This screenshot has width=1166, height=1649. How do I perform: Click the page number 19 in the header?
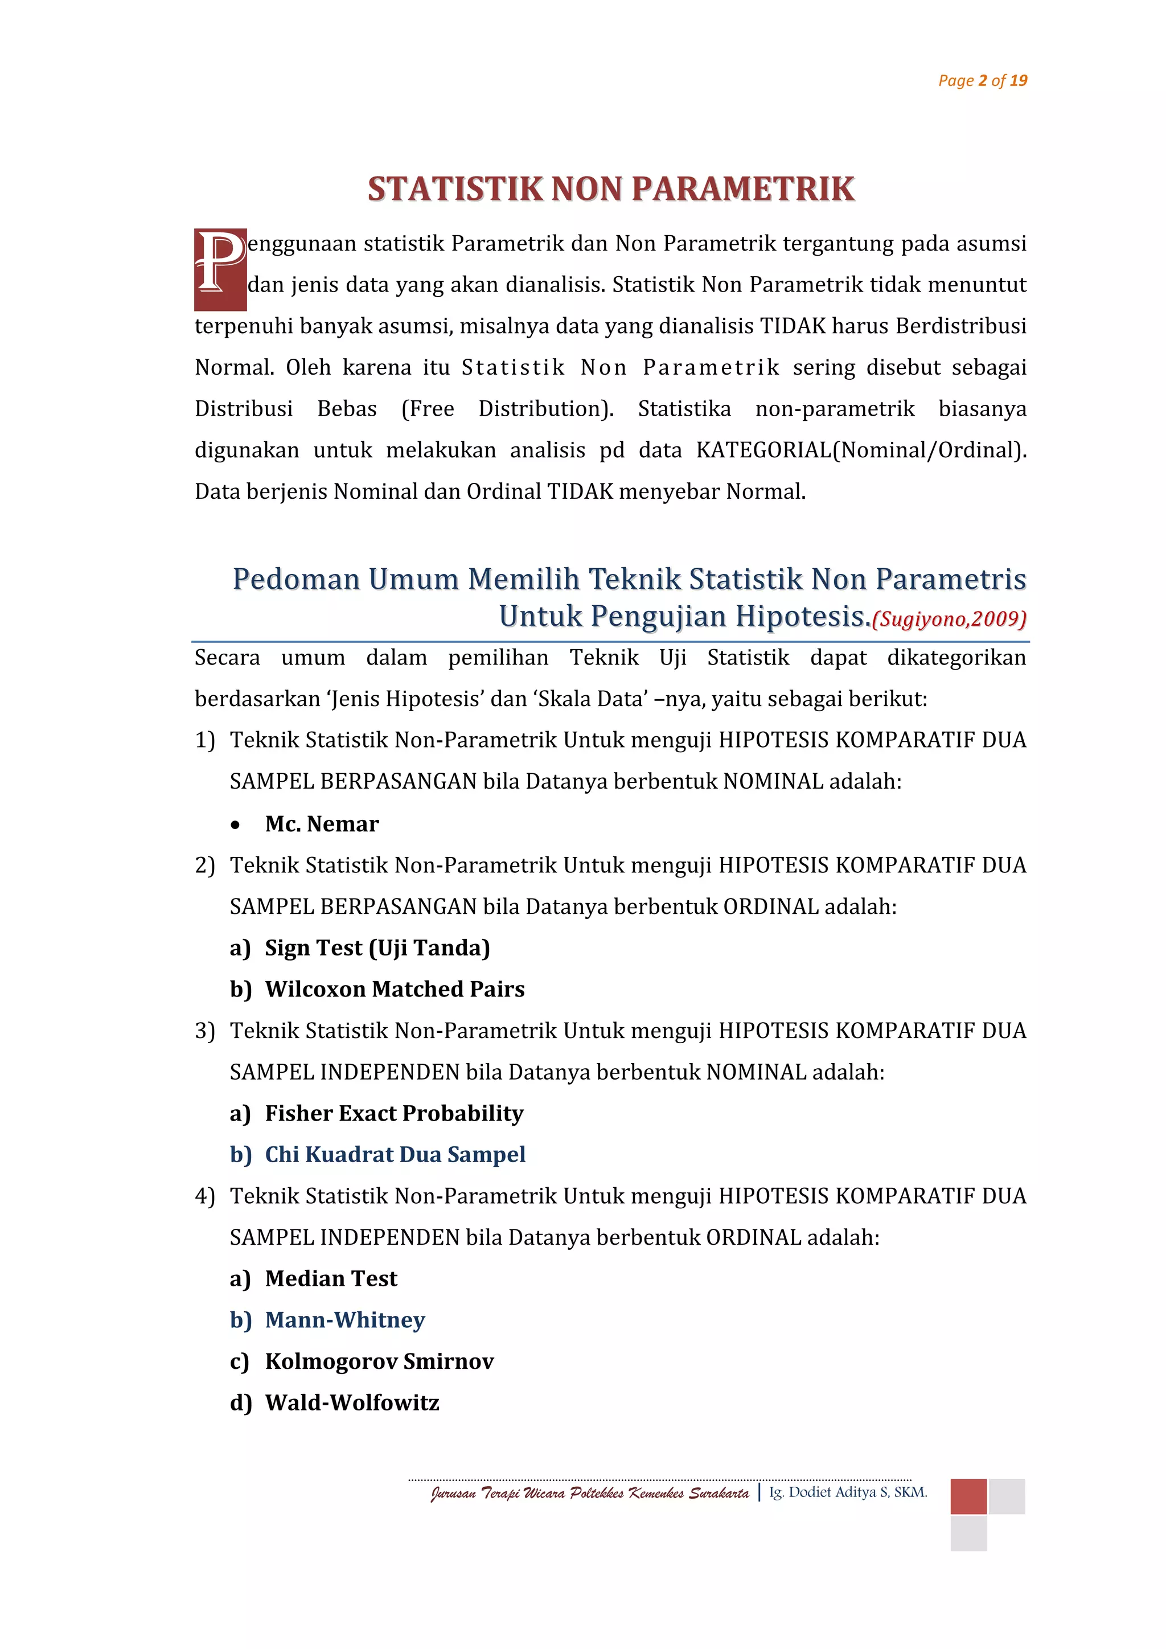pyautogui.click(x=1018, y=80)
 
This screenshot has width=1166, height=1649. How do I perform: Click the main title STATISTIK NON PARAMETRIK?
pyautogui.click(x=611, y=189)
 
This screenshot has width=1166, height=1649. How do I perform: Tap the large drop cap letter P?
pyautogui.click(x=220, y=269)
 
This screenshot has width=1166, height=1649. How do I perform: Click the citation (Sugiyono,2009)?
pyautogui.click(x=949, y=618)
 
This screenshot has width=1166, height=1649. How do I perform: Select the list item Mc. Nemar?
pyautogui.click(x=322, y=824)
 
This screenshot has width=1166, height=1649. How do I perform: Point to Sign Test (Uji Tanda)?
pyautogui.click(x=377, y=948)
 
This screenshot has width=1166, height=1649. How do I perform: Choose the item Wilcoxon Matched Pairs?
pyautogui.click(x=394, y=989)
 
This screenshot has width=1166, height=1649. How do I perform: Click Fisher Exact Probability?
pyautogui.click(x=393, y=1113)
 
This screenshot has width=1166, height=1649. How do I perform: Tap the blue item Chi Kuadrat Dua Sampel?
pyautogui.click(x=395, y=1154)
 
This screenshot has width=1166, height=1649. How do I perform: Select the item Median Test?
pyautogui.click(x=331, y=1278)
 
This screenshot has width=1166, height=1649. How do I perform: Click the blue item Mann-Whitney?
pyautogui.click(x=344, y=1320)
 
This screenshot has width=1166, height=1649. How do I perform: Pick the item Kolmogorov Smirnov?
pyautogui.click(x=379, y=1361)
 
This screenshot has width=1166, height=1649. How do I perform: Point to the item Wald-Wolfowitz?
pyautogui.click(x=352, y=1402)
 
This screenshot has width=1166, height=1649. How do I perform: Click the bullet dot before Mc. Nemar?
pyautogui.click(x=236, y=825)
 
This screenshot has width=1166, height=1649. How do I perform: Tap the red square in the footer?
pyautogui.click(x=968, y=1496)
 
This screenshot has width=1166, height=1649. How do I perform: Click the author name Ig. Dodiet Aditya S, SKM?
pyautogui.click(x=848, y=1492)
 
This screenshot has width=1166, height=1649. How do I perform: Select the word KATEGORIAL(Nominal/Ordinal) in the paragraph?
pyautogui.click(x=861, y=450)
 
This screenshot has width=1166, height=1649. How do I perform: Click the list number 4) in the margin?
pyautogui.click(x=204, y=1196)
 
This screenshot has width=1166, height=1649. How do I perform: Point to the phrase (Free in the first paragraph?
pyautogui.click(x=427, y=409)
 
